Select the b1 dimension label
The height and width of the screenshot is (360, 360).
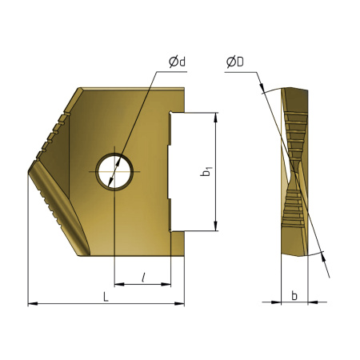(x=206, y=171)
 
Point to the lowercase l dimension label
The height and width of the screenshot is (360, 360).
(x=142, y=277)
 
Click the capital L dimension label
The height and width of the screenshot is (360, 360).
(x=106, y=297)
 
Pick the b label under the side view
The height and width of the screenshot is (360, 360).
(x=294, y=296)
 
